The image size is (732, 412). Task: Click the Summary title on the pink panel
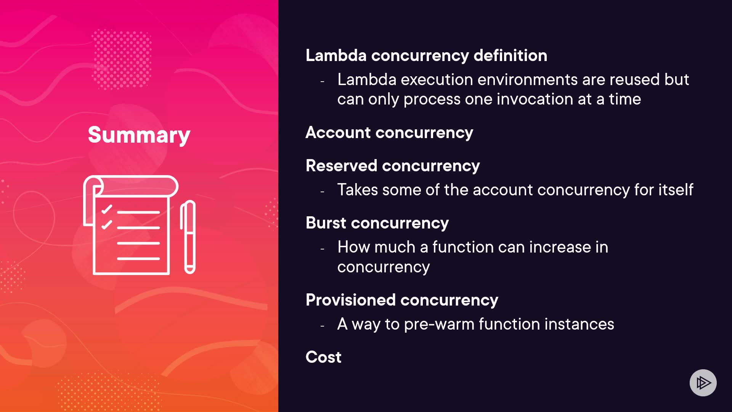click(139, 135)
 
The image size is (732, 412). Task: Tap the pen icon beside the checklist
click(188, 237)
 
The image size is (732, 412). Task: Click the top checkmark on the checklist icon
click(107, 209)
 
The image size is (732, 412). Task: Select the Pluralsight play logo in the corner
click(703, 383)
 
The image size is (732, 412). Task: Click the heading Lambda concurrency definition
click(426, 56)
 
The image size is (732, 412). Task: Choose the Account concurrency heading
click(389, 133)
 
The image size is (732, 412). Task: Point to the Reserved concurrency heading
click(393, 166)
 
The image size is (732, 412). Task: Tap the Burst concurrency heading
click(377, 223)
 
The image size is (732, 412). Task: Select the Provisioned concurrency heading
click(402, 300)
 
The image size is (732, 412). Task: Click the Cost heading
click(323, 357)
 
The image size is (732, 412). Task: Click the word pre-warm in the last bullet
click(439, 324)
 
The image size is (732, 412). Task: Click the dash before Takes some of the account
click(323, 192)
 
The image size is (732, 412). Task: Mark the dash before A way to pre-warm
click(323, 326)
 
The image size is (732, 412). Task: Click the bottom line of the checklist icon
click(138, 259)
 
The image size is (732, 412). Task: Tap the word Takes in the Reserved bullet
click(358, 190)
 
